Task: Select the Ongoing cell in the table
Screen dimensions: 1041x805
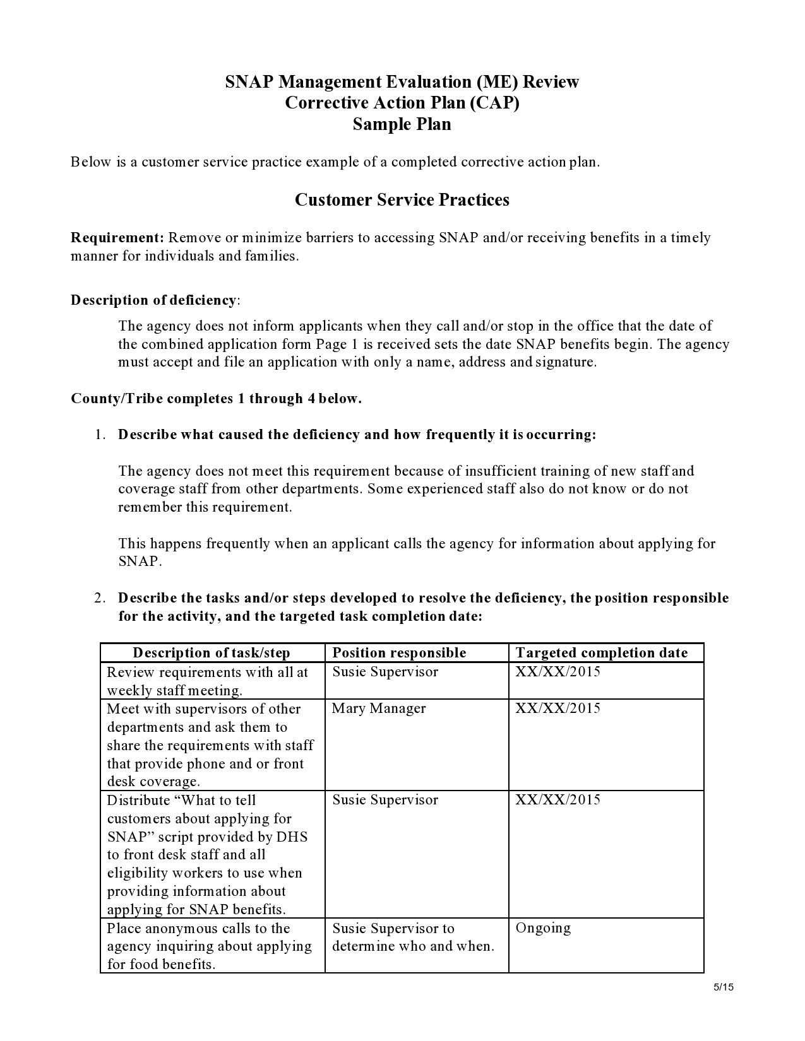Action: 543,928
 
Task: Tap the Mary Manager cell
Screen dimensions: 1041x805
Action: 379,709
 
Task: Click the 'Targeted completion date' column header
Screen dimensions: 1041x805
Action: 601,653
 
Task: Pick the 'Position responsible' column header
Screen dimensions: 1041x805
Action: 399,653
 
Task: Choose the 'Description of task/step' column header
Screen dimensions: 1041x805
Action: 212,653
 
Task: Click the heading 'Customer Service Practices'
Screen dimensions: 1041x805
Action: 402,200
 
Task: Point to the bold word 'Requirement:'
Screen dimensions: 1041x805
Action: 117,238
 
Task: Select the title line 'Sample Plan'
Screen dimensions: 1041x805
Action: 402,124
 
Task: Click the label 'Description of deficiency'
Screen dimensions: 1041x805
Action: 153,300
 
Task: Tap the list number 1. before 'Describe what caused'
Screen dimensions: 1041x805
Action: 100,435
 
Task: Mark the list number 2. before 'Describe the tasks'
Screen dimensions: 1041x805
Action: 100,598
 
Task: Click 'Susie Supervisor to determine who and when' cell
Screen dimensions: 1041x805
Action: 413,937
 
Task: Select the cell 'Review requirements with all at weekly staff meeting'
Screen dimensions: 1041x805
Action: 208,681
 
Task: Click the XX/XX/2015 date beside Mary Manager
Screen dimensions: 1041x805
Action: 558,709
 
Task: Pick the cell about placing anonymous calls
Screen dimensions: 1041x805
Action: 209,946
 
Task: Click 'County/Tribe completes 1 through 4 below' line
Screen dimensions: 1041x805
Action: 216,399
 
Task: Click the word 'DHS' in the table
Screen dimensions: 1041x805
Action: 292,837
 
